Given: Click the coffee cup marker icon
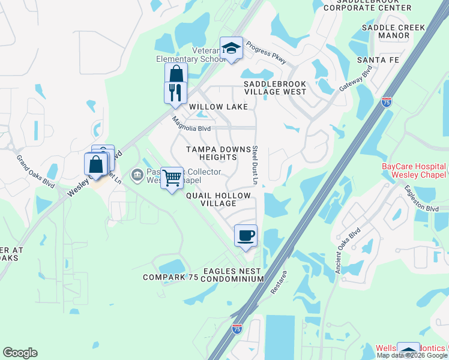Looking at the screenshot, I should (x=245, y=236).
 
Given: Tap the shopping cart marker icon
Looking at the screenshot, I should (x=172, y=178).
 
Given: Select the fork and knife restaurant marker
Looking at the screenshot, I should (x=175, y=92).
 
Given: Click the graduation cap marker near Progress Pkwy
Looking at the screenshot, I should (x=231, y=49).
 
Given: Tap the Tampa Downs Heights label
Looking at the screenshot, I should (x=211, y=152).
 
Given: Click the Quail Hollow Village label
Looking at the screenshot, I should (x=211, y=199).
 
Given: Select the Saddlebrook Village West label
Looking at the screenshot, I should (x=275, y=88).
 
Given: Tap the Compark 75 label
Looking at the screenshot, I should (x=170, y=277).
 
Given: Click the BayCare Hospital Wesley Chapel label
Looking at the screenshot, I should (x=414, y=170).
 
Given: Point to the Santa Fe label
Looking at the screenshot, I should (x=379, y=61).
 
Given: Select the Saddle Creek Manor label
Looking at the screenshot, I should (x=393, y=31).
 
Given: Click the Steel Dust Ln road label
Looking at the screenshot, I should (x=255, y=164).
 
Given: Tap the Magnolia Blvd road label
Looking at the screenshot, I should (x=191, y=124).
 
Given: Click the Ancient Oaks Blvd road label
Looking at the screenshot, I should (x=348, y=251).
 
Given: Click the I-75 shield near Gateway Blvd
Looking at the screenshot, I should (x=387, y=103).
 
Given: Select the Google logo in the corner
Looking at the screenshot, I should (x=20, y=353).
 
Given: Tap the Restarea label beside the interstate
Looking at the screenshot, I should (x=276, y=284).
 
